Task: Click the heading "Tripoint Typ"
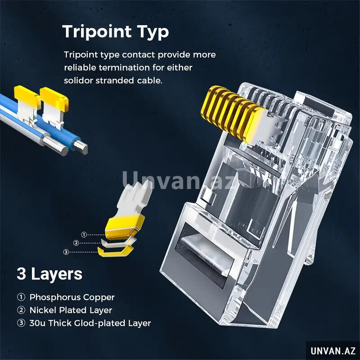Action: point(116,31)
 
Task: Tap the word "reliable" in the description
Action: point(81,68)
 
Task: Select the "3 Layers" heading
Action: point(49,274)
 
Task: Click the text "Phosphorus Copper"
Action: point(72,297)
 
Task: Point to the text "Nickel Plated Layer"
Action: point(71,310)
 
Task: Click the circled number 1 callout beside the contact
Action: point(84,234)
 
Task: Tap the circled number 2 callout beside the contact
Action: point(76,243)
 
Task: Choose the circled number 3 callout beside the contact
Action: point(66,252)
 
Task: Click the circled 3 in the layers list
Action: point(21,323)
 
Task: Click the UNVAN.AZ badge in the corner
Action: point(333,351)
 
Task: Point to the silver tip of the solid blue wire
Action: point(81,147)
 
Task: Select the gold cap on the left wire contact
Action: point(26,94)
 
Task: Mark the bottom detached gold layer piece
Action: point(116,251)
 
